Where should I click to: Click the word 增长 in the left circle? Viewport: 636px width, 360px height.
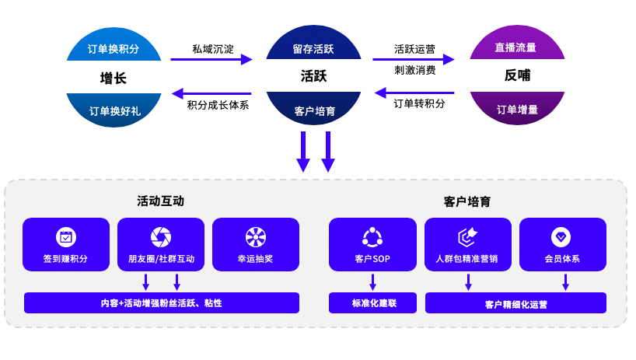(114, 77)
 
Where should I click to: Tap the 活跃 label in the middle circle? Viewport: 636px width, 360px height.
(313, 76)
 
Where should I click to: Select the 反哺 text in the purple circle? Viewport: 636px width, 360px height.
(517, 76)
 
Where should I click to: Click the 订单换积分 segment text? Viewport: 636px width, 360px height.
(114, 49)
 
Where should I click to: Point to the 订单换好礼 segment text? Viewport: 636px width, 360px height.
(114, 110)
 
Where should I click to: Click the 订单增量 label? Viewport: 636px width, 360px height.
(517, 110)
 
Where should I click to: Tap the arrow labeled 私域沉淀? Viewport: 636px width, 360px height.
(211, 59)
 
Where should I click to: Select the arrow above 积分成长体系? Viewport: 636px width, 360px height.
(211, 93)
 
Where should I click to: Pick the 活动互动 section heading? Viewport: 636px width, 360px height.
(161, 201)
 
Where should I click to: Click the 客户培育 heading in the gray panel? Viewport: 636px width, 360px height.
(467, 201)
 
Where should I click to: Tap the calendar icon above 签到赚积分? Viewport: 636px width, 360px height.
(66, 237)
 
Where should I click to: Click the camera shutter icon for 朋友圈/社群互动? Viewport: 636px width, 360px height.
(161, 237)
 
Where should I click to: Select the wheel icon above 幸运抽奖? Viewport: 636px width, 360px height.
(256, 237)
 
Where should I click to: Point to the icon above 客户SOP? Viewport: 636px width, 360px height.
(372, 237)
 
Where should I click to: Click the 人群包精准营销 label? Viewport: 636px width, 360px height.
(467, 258)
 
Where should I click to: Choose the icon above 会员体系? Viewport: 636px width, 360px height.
(561, 237)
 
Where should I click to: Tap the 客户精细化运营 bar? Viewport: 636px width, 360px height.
(515, 304)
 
